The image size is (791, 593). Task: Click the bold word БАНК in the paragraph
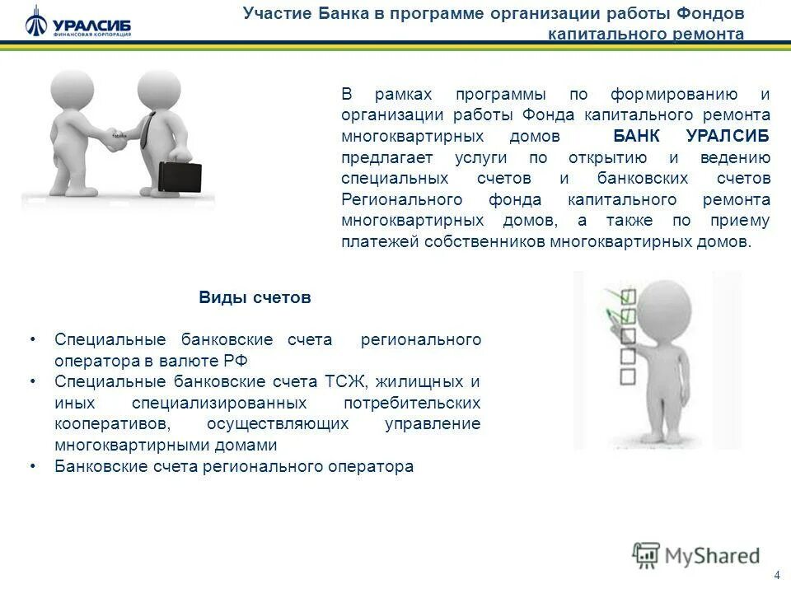click(634, 135)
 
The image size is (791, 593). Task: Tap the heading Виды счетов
click(255, 298)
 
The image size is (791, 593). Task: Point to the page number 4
click(776, 575)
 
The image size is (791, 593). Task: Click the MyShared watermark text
click(712, 555)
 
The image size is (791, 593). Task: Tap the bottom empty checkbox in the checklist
click(628, 376)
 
